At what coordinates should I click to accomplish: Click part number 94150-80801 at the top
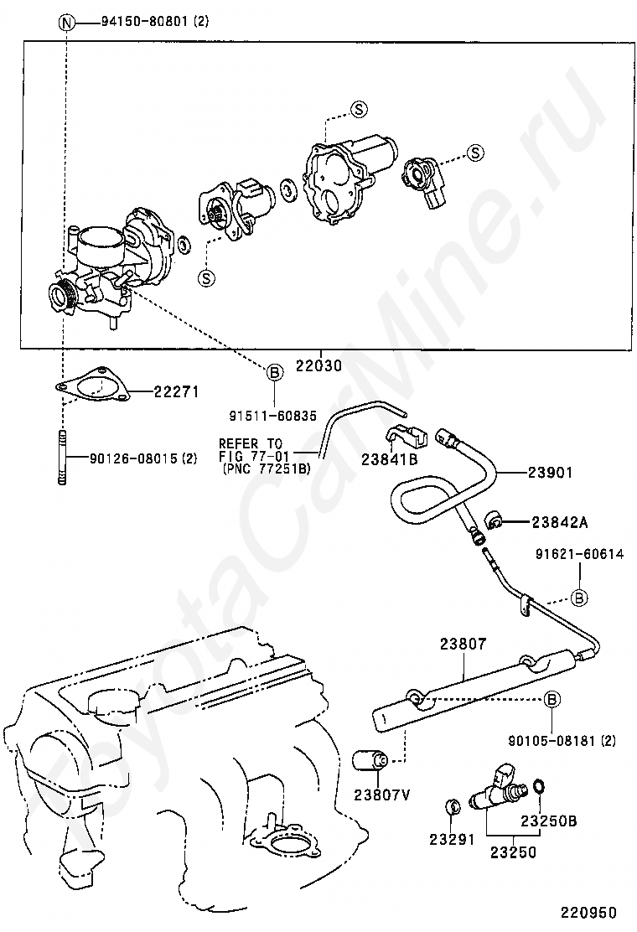[x=145, y=22]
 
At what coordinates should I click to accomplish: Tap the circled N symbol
[x=66, y=23]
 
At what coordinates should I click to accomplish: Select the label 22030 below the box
[x=319, y=365]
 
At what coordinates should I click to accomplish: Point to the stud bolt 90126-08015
[x=62, y=458]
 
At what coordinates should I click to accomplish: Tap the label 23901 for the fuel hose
[x=551, y=473]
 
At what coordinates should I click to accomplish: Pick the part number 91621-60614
[x=580, y=554]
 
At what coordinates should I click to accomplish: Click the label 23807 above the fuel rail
[x=463, y=644]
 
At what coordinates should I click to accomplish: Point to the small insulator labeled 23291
[x=453, y=806]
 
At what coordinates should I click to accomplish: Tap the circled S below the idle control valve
[x=206, y=277]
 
